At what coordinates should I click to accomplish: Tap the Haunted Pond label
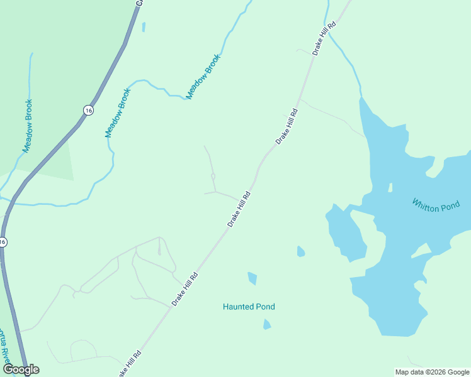(x=249, y=307)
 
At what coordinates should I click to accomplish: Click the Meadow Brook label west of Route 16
(x=28, y=126)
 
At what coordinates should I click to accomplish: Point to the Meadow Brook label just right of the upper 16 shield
(x=118, y=113)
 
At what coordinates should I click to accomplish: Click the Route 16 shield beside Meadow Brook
(x=88, y=110)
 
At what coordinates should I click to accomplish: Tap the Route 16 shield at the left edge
(x=3, y=242)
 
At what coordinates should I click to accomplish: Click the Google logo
(x=21, y=369)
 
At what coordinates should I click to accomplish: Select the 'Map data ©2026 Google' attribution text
(x=433, y=372)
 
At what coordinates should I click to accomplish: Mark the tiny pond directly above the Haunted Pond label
(x=253, y=278)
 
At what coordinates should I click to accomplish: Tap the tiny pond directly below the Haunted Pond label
(x=267, y=324)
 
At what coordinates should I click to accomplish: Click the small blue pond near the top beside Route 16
(x=144, y=27)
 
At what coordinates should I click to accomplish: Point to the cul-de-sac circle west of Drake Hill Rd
(x=213, y=177)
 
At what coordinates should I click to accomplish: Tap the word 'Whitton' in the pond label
(x=426, y=204)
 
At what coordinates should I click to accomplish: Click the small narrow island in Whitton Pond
(x=390, y=187)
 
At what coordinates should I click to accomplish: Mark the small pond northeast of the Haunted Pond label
(x=301, y=252)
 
